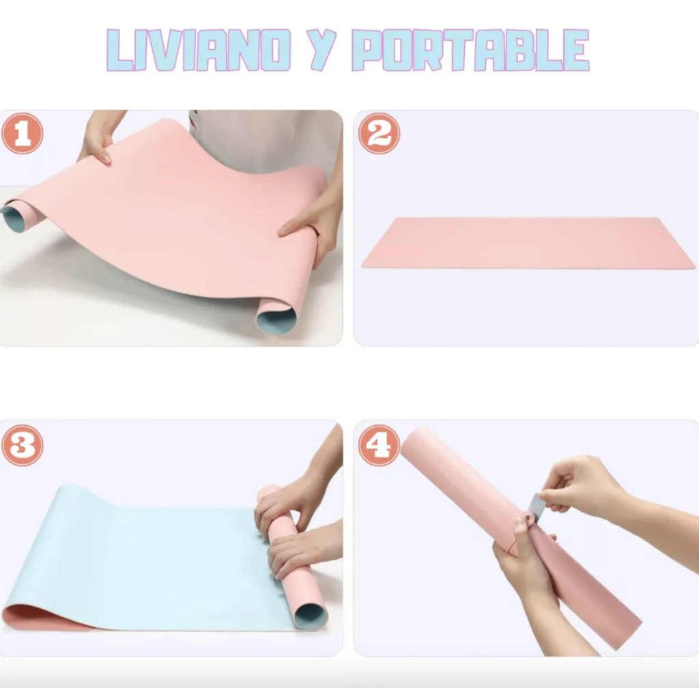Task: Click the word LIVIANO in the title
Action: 199,50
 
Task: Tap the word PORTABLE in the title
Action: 470,50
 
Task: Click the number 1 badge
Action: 23,133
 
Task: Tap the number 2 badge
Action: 379,133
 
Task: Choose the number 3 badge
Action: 23,445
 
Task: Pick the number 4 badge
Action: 379,445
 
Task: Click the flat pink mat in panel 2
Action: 528,243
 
